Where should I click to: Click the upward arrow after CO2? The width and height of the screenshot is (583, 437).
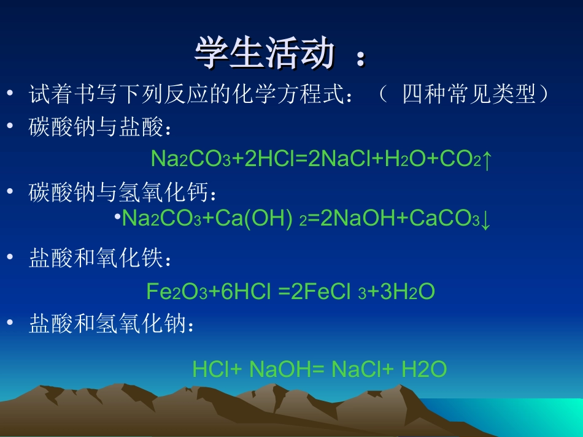pyautogui.click(x=487, y=160)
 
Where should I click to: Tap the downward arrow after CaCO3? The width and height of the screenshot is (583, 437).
pyautogui.click(x=485, y=219)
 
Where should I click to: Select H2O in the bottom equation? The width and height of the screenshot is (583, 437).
pyautogui.click(x=424, y=369)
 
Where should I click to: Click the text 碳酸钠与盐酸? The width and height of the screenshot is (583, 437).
pyautogui.click(x=96, y=128)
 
